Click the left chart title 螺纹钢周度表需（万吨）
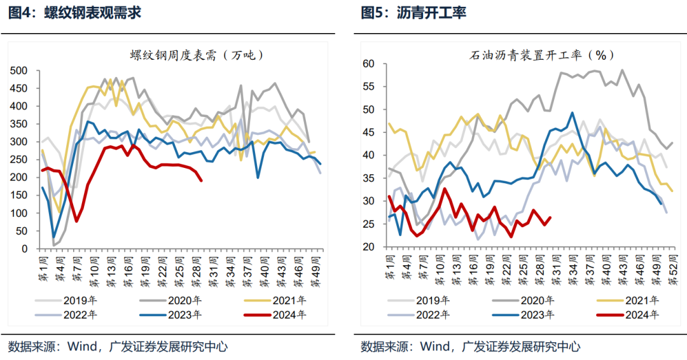(195, 55)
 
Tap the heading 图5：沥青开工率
(414, 12)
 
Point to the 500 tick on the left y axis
(20, 71)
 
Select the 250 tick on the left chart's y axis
(20, 159)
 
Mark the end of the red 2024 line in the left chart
(202, 181)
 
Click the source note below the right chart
(470, 347)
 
